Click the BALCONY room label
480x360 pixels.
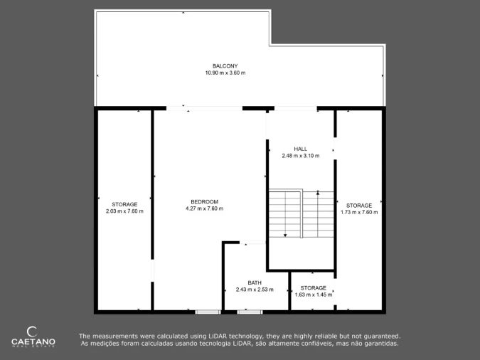tap(225, 66)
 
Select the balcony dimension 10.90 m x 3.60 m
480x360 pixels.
tap(225, 73)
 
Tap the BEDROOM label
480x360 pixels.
tap(204, 201)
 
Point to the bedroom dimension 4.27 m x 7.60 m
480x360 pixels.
tap(204, 208)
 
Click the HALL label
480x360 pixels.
tap(300, 149)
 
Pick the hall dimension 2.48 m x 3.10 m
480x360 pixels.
tap(300, 156)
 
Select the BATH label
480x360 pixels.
tap(255, 282)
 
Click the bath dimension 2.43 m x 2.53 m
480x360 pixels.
tap(255, 290)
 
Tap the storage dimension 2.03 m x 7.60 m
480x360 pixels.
tap(124, 211)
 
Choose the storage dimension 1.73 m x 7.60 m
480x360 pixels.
tap(359, 212)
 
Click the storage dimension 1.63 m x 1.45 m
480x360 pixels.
tap(314, 295)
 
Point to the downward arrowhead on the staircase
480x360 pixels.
tap(285, 235)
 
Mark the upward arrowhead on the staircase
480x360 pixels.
tap(318, 193)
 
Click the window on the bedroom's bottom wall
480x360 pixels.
tap(208, 312)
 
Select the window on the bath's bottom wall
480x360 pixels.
tap(250, 312)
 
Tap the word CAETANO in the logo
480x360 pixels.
tap(33, 342)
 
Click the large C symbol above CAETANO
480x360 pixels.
tap(32, 332)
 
